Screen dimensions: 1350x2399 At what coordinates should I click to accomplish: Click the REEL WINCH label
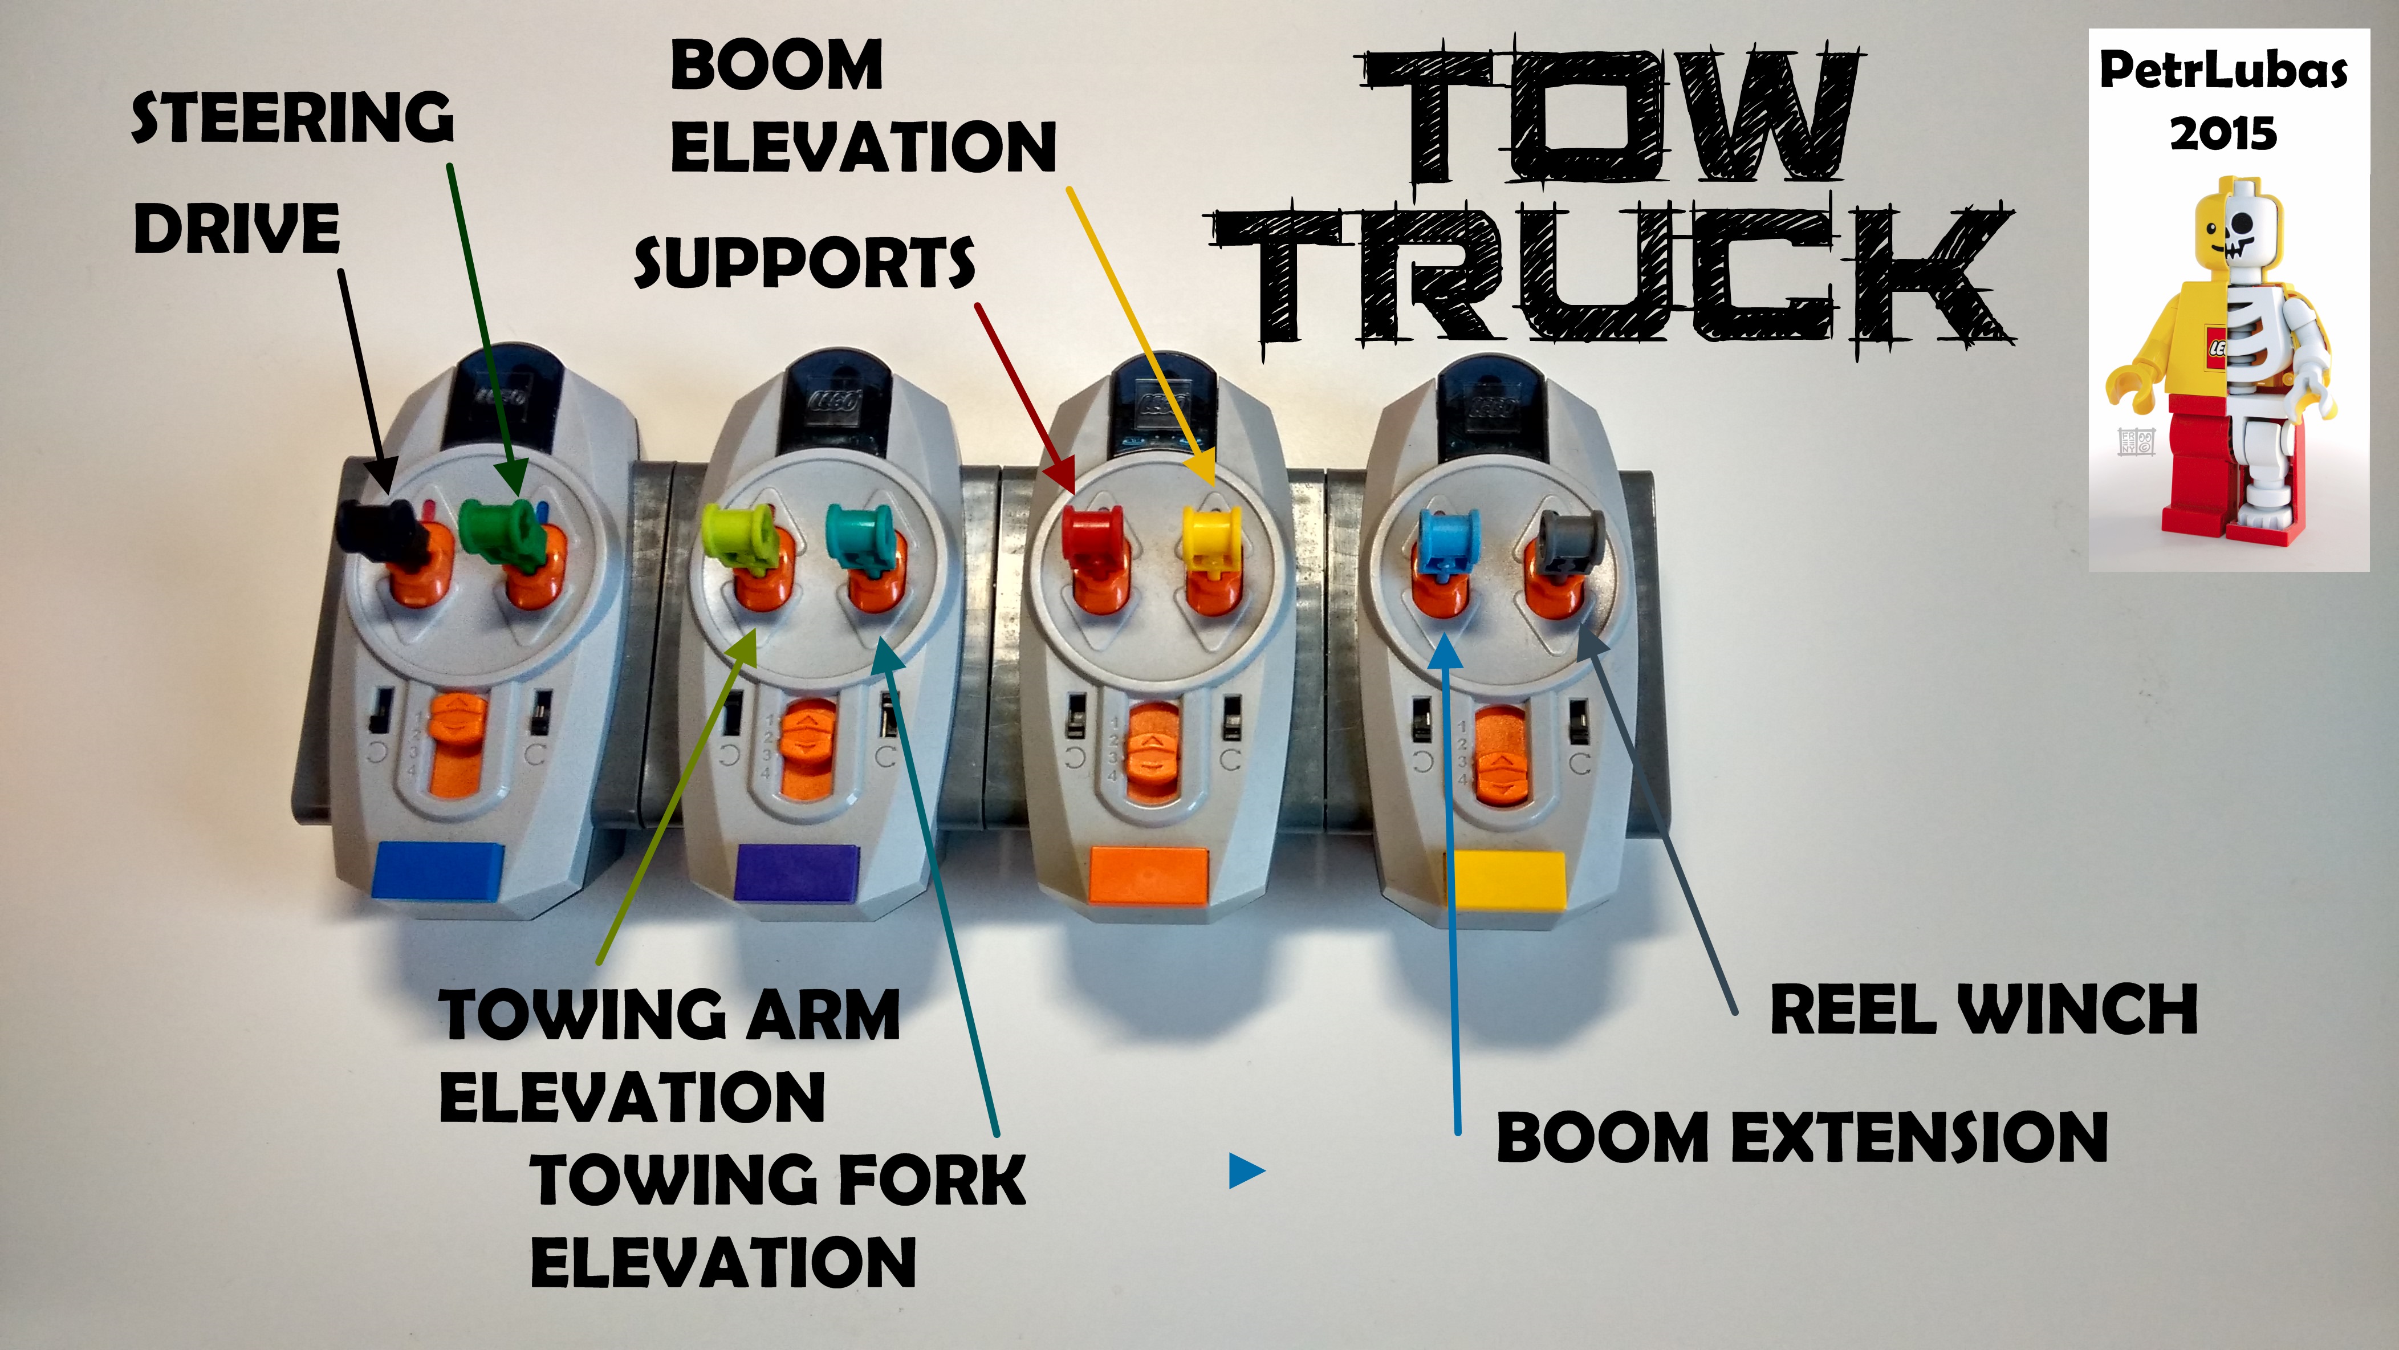coord(1983,1010)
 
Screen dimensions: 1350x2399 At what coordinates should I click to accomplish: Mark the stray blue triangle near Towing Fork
coord(1245,1170)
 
